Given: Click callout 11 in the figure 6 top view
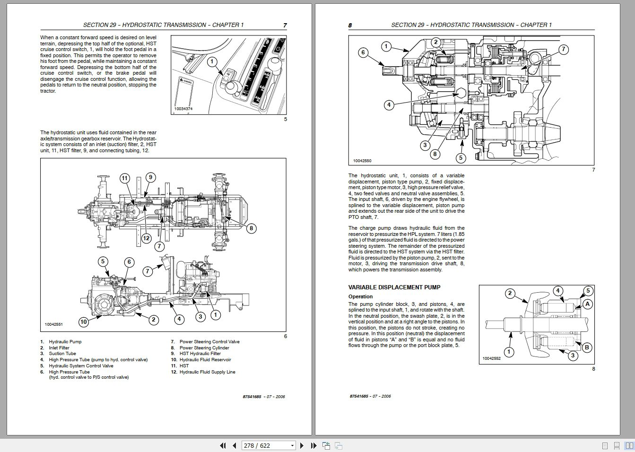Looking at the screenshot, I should (x=124, y=178).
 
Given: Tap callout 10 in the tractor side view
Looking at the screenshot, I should (x=83, y=322).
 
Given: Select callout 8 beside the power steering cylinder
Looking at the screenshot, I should (x=251, y=228).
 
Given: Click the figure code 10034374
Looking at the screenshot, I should (x=183, y=109).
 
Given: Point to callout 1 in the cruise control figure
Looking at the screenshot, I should (x=212, y=61).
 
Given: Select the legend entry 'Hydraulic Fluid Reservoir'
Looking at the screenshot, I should (x=205, y=360).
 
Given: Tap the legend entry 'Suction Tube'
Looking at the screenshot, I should (x=62, y=354).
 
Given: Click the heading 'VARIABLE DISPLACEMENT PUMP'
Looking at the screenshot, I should (x=394, y=287).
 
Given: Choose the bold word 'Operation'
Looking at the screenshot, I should (x=360, y=297).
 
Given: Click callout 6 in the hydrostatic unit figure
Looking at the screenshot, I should (x=363, y=52).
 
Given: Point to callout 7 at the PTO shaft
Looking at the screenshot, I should (x=563, y=49).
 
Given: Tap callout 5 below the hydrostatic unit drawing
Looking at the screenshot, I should (x=461, y=158).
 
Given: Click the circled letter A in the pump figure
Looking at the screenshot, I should (x=587, y=304).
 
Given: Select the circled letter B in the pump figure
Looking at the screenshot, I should (x=587, y=348).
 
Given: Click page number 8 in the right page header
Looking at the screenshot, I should (x=350, y=26).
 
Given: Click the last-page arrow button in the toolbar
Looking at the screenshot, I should (x=313, y=445).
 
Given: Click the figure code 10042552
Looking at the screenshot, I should (x=491, y=359).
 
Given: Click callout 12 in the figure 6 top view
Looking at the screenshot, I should (x=146, y=238).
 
